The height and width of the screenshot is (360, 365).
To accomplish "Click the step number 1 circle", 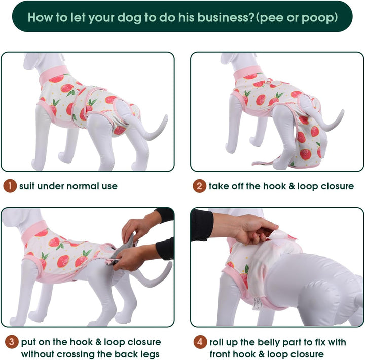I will tap(10, 186).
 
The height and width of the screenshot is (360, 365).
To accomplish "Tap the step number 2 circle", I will tap(200, 186).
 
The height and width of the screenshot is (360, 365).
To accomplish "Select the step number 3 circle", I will tap(10, 342).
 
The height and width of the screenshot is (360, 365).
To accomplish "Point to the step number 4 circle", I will tap(200, 342).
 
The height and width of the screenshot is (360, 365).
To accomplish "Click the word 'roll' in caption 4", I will tap(218, 342).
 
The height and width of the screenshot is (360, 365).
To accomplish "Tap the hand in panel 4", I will tap(248, 228).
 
